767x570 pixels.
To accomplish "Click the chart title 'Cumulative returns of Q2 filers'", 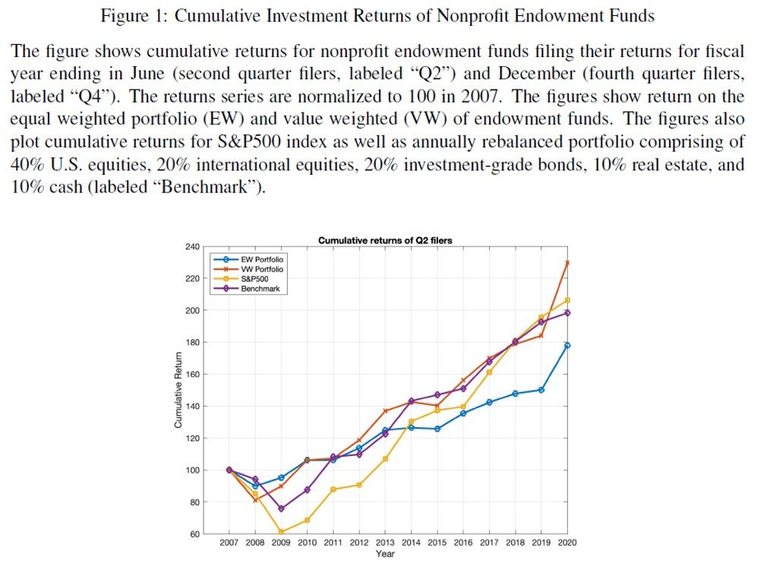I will coord(385,240).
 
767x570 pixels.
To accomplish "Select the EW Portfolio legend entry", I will coord(262,260).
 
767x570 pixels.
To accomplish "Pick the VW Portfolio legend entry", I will coord(262,269).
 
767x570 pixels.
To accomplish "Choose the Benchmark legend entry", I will coord(260,289).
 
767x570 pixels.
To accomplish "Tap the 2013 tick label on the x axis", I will coord(385,543).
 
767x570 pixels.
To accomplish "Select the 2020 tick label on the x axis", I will coord(567,543).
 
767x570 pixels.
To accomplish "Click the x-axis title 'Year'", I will coord(385,553).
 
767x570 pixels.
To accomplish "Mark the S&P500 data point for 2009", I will coord(281,532).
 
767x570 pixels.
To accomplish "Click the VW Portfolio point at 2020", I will coord(567,263).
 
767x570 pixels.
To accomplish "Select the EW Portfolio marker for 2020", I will coord(567,345).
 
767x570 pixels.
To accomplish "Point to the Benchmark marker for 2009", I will coord(281,508).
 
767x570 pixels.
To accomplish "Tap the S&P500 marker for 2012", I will coord(359,485).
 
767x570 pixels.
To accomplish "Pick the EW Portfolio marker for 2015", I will coord(437,429).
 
